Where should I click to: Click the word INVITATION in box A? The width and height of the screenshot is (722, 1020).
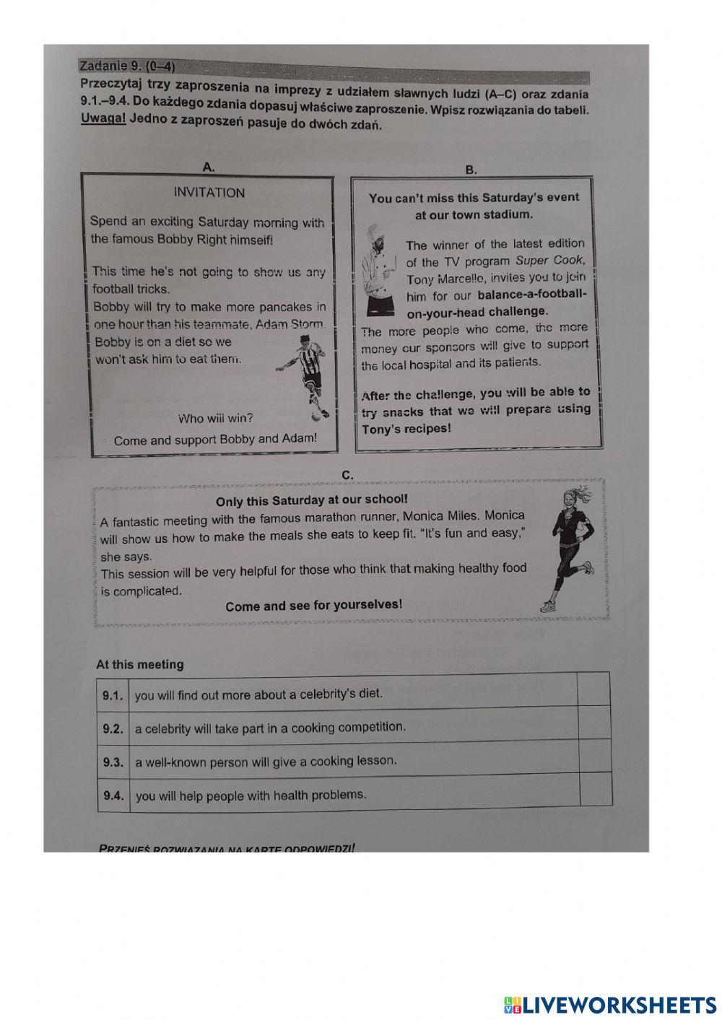tap(209, 193)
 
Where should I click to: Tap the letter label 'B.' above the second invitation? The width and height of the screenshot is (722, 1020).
tap(471, 170)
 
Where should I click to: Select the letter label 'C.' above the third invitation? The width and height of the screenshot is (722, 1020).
tap(347, 475)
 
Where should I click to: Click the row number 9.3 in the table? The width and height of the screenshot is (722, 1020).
tap(113, 762)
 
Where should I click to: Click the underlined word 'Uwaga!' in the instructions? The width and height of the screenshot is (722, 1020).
tap(103, 118)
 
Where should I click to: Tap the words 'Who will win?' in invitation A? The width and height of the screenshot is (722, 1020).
tap(215, 419)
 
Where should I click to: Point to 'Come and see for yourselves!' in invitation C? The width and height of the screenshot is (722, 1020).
tap(313, 606)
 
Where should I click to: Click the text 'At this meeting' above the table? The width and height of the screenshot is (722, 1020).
tap(140, 665)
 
